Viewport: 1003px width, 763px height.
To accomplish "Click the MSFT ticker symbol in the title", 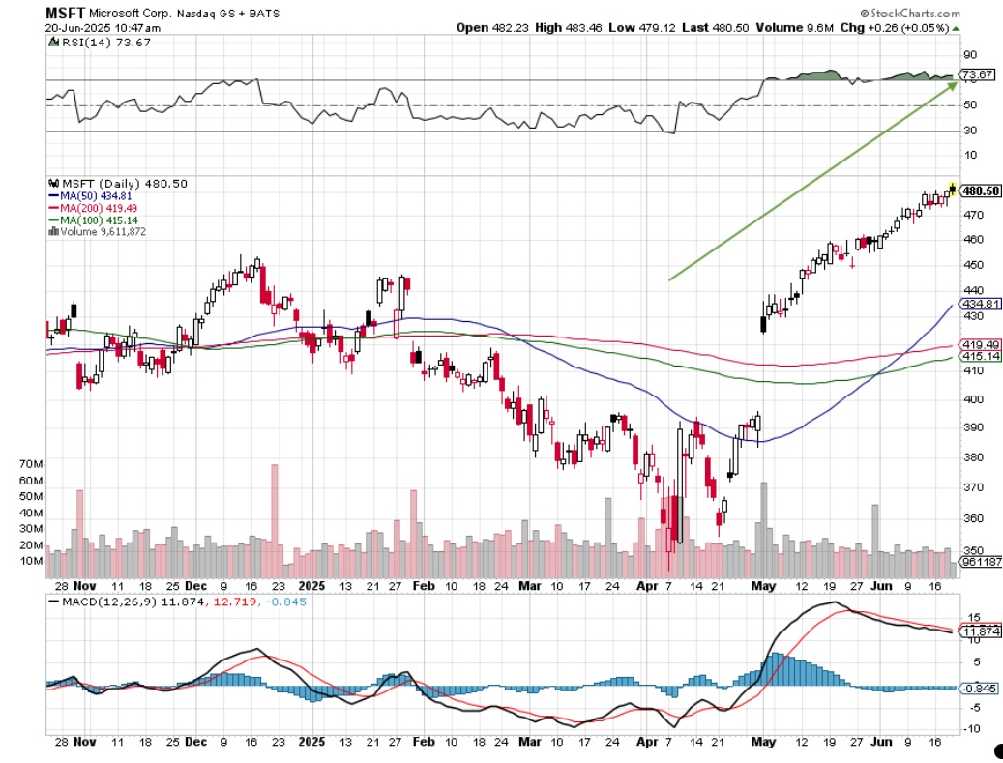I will pyautogui.click(x=65, y=14).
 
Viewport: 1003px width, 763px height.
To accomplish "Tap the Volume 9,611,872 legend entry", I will pyautogui.click(x=102, y=232).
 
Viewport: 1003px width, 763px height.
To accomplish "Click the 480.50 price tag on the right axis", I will pyautogui.click(x=979, y=191).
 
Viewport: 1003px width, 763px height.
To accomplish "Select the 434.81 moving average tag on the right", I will pyautogui.click(x=978, y=303).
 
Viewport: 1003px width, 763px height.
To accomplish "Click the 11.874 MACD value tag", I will pyautogui.click(x=978, y=631).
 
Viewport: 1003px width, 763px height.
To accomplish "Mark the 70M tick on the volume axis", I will pyautogui.click(x=31, y=464).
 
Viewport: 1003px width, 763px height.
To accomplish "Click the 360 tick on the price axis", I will pyautogui.click(x=971, y=518).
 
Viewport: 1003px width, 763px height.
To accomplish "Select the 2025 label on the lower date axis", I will pyautogui.click(x=311, y=586).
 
